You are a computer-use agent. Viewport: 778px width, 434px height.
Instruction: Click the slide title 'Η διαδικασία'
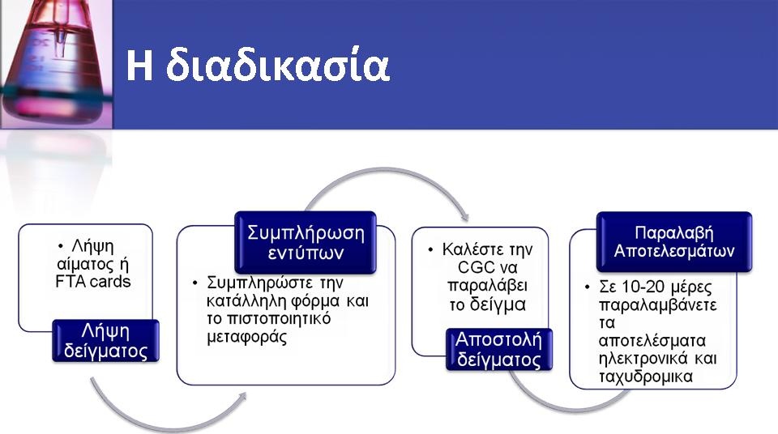click(258, 65)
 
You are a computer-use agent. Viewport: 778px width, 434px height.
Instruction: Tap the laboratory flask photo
click(56, 65)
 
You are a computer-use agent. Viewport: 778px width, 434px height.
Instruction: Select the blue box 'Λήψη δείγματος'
click(105, 341)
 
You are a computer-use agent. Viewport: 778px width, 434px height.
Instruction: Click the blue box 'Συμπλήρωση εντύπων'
click(306, 242)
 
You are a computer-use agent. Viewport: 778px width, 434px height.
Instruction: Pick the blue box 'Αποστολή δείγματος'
click(498, 349)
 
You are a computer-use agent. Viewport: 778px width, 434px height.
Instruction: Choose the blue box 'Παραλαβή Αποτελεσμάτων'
click(673, 241)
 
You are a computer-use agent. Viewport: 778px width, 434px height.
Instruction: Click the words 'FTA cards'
click(92, 282)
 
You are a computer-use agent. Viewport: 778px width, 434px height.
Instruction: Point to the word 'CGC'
click(476, 267)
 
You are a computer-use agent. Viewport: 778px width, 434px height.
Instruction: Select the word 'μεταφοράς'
click(246, 338)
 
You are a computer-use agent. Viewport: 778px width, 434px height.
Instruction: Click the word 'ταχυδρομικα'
click(646, 377)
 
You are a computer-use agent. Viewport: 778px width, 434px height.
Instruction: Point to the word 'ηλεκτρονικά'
click(643, 358)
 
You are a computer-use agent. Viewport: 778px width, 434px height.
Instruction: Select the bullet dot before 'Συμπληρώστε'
click(195, 283)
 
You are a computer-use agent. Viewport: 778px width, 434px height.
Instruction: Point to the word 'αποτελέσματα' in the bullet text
click(652, 340)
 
